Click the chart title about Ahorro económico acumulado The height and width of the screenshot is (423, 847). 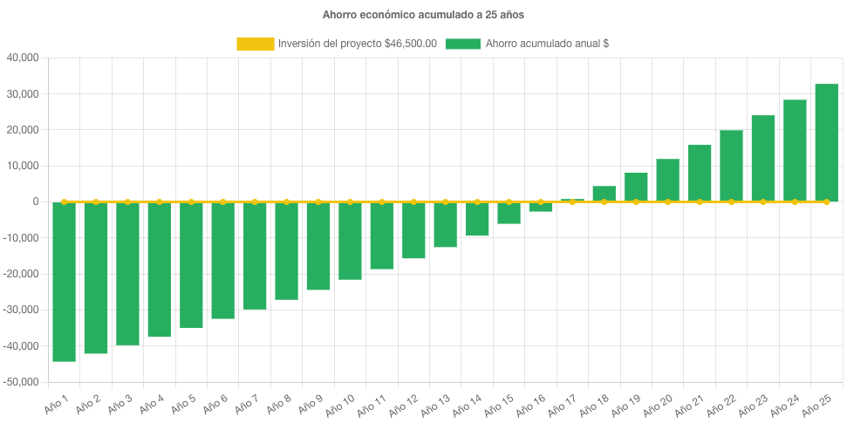tap(423, 15)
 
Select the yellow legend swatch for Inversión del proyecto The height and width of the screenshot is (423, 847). tap(255, 44)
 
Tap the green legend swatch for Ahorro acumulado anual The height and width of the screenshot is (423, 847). tap(462, 44)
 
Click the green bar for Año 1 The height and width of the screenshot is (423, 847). tap(64, 281)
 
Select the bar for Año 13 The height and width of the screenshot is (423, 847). tap(445, 224)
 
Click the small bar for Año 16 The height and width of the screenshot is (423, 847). tap(540, 207)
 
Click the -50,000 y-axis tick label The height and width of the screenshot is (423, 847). tap(22, 382)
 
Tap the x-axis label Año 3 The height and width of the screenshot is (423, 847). tap(120, 402)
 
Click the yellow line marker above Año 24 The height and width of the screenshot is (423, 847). tap(795, 201)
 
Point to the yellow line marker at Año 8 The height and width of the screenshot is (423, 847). tap(286, 201)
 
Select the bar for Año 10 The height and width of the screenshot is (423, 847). tap(350, 241)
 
